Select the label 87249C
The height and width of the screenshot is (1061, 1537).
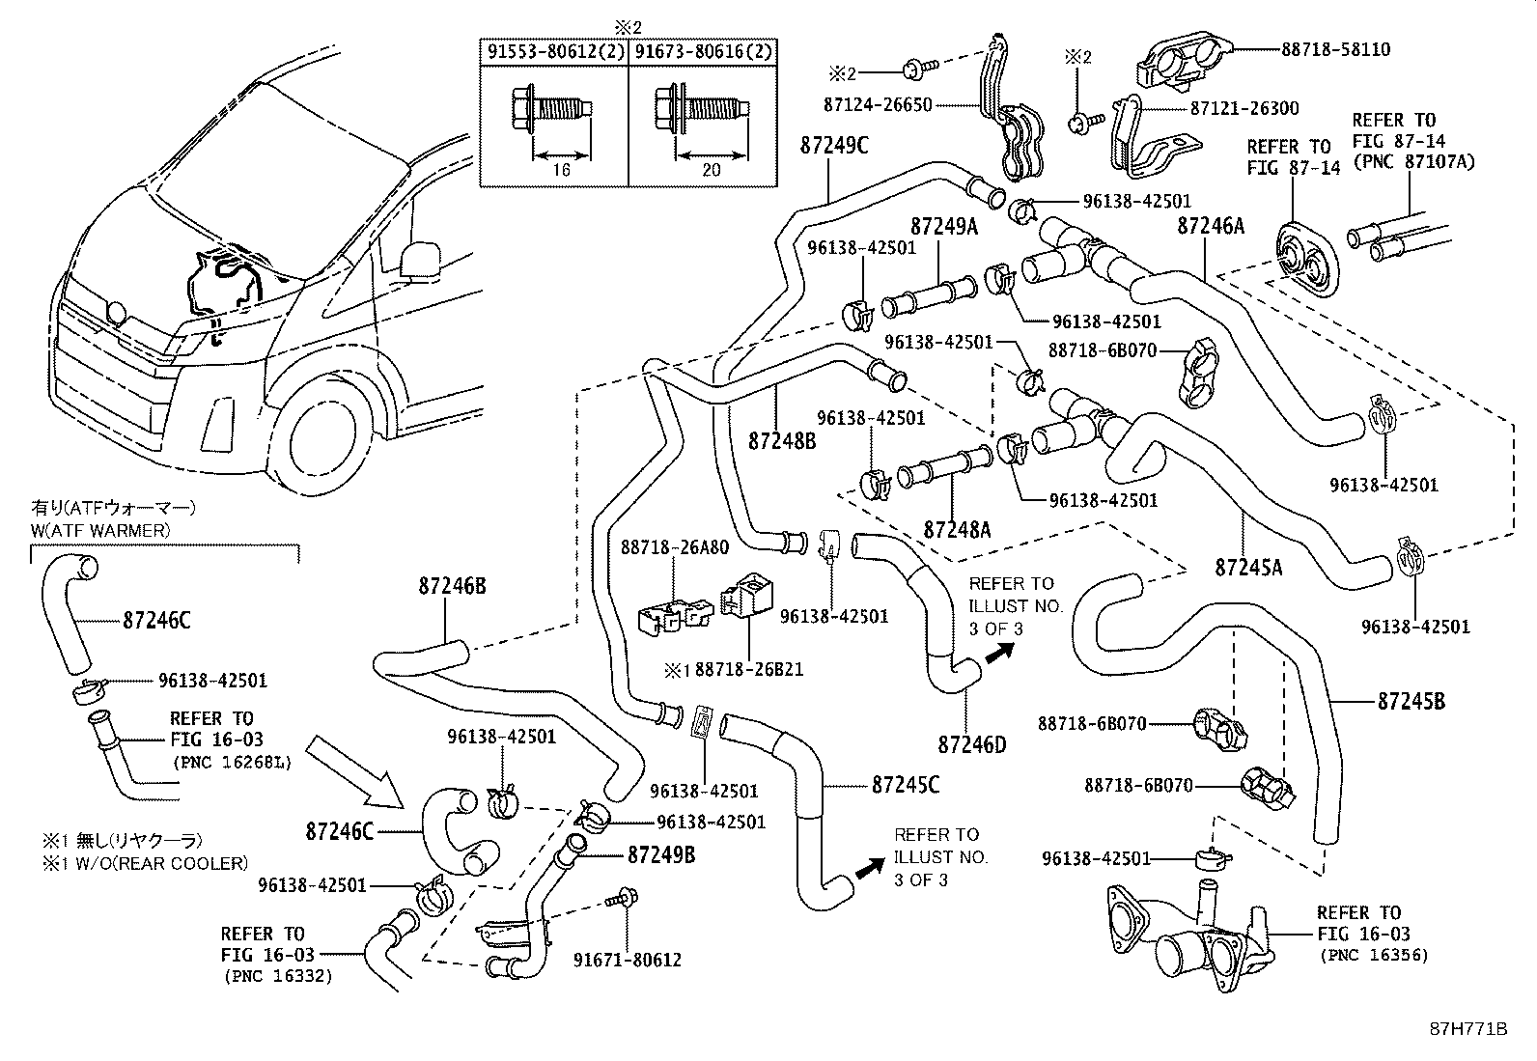[834, 146]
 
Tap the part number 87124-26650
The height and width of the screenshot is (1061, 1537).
[879, 104]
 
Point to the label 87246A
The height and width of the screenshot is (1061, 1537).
[1211, 227]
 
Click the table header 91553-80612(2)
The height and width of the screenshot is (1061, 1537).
[555, 52]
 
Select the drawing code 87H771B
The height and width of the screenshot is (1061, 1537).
[1468, 1029]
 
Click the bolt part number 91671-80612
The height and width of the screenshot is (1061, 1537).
[628, 960]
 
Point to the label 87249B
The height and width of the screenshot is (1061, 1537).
[661, 854]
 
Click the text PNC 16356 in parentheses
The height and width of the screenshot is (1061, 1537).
[1374, 956]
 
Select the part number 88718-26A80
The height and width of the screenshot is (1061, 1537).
[674, 547]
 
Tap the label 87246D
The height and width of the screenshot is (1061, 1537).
[971, 744]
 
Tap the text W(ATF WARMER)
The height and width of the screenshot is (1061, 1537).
[100, 530]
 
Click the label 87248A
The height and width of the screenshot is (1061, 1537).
[957, 529]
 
